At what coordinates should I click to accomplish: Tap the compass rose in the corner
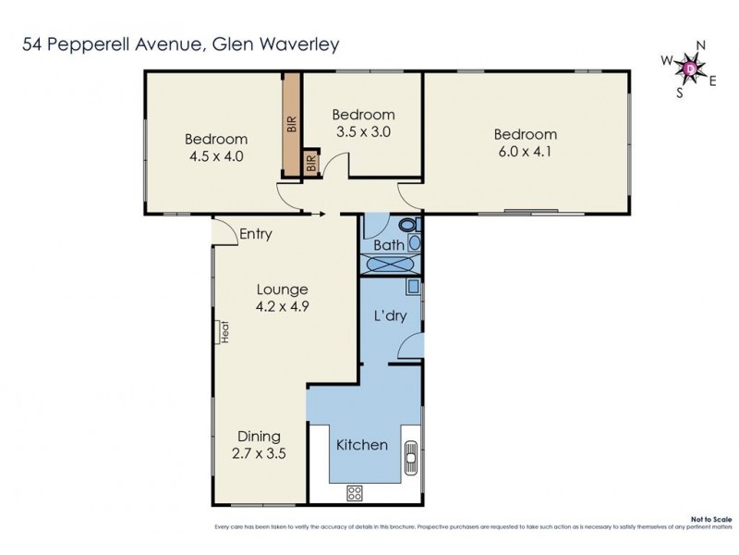691,67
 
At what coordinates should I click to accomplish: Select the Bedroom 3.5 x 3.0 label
363,122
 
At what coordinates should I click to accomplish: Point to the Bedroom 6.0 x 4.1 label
524,143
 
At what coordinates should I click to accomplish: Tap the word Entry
255,234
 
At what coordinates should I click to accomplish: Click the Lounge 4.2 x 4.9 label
282,297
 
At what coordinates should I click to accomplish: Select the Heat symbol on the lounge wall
224,330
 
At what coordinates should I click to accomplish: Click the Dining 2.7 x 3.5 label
259,445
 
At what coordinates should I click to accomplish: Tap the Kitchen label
361,445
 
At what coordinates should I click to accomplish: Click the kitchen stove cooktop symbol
354,493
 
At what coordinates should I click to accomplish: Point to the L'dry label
390,316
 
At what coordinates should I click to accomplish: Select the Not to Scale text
711,521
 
